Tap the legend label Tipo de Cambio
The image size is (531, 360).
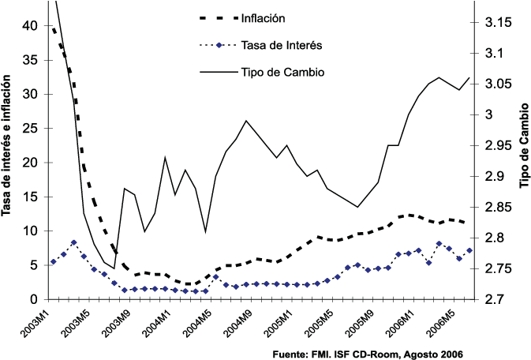[x=282, y=72]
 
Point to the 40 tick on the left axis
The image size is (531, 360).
[x=32, y=24]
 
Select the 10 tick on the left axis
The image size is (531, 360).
[x=32, y=231]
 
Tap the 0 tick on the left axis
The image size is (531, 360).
[x=36, y=299]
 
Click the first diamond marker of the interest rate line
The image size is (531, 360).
[x=53, y=262]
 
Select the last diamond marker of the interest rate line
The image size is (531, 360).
[x=469, y=250]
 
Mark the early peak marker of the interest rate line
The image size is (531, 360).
[x=73, y=242]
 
